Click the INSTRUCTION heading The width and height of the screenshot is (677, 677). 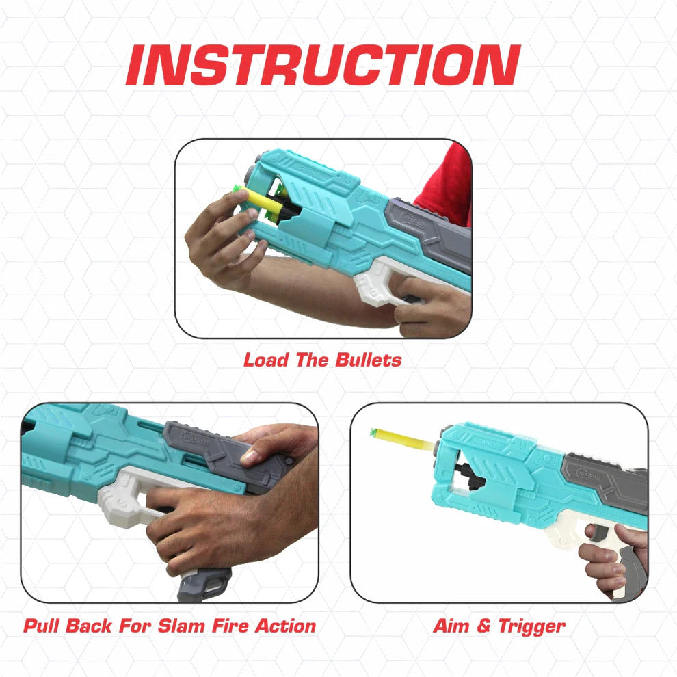tap(323, 66)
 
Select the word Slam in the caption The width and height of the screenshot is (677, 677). tap(185, 625)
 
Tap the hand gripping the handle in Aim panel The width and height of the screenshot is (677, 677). tap(606, 557)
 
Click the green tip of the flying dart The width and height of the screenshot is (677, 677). tap(373, 432)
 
